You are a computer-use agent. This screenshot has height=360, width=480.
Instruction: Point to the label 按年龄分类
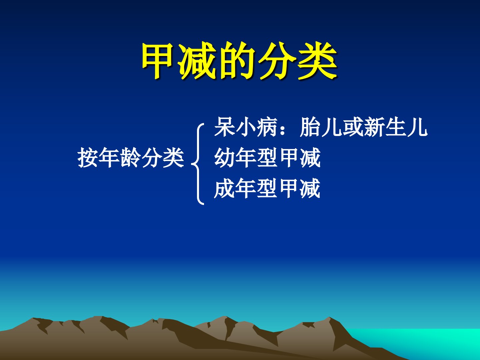click(x=131, y=158)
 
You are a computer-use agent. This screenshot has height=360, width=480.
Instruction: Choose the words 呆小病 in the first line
click(x=246, y=127)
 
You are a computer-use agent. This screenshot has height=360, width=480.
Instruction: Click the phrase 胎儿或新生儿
click(x=363, y=127)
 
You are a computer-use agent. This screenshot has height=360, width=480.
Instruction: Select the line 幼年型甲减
click(x=267, y=158)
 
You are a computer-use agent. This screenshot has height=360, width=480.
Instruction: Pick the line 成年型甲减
click(x=267, y=188)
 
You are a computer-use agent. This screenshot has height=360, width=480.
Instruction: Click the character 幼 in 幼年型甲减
click(x=224, y=158)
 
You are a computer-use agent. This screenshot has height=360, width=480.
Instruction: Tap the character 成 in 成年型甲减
click(x=224, y=188)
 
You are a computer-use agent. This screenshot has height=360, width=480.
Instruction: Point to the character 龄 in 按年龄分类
click(x=131, y=158)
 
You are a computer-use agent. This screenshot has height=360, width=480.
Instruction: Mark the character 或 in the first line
click(x=353, y=127)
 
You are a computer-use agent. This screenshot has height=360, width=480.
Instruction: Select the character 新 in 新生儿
click(x=374, y=127)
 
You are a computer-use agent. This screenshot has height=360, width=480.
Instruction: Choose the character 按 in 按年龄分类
click(x=88, y=158)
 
